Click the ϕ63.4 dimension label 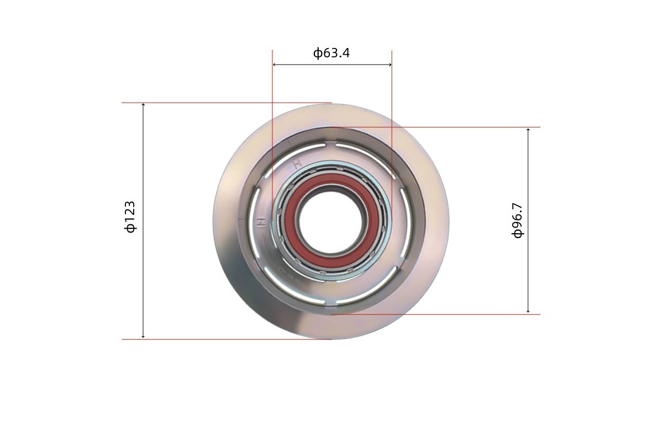click(331, 53)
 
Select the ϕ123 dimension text click(130, 217)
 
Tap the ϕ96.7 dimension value click(517, 220)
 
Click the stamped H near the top click(297, 164)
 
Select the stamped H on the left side click(261, 222)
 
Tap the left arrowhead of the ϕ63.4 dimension click(275, 65)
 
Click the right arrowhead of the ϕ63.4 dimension click(390, 65)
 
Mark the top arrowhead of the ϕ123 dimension click(143, 105)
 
